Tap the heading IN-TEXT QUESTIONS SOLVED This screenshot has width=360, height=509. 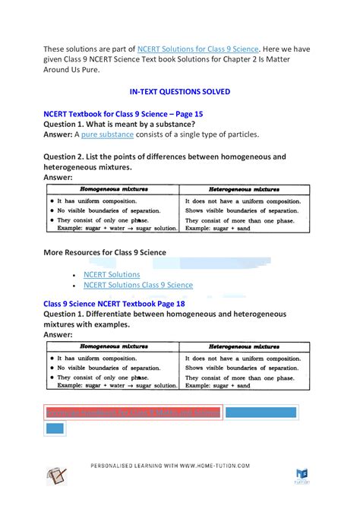click(180, 91)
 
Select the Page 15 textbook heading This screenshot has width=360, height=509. click(124, 113)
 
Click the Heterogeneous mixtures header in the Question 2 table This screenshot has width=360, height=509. click(244, 188)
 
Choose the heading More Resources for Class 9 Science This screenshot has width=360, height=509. click(105, 251)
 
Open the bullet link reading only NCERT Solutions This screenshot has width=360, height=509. click(112, 274)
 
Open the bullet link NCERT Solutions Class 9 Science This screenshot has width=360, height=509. click(138, 285)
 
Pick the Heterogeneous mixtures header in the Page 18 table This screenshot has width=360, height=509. click(244, 344)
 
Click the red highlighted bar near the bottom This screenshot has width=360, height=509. click(133, 413)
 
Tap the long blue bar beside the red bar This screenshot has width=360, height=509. click(271, 413)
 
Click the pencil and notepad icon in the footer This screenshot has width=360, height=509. click(57, 476)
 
